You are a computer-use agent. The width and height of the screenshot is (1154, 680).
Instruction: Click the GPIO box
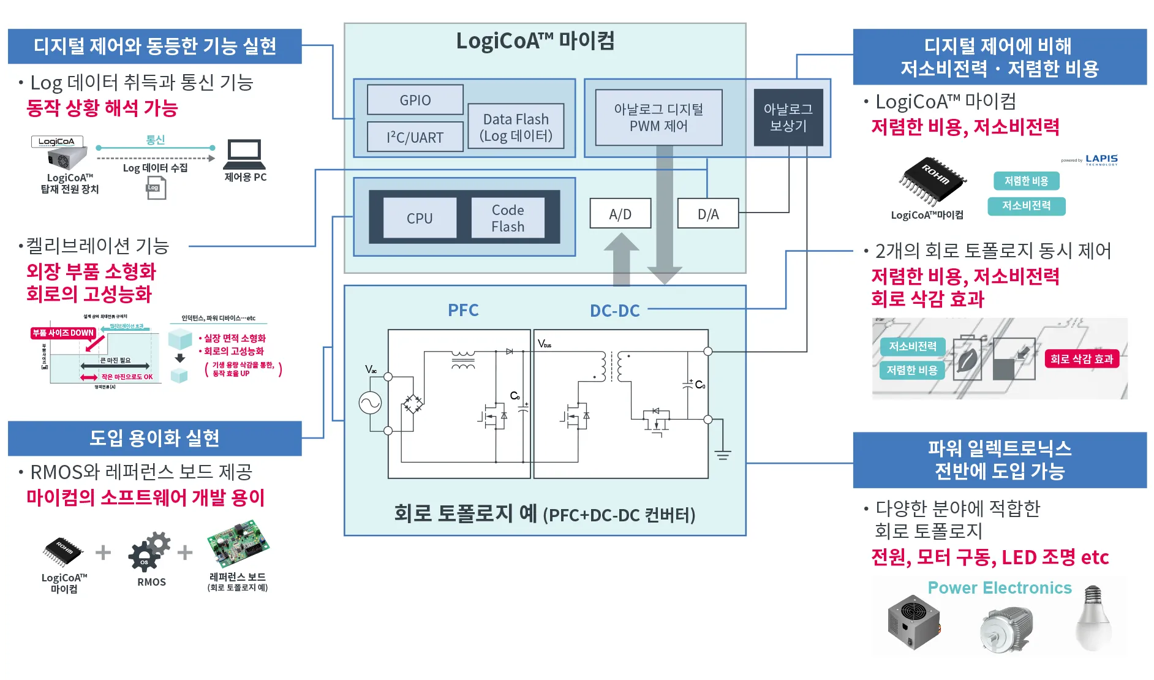tap(415, 100)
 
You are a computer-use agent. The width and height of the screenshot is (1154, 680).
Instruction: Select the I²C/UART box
tap(415, 137)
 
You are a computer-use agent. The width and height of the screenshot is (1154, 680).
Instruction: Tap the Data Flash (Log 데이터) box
tap(516, 127)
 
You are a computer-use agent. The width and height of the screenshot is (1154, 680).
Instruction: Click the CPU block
tap(420, 218)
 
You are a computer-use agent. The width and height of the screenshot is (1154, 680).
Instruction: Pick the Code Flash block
tap(508, 218)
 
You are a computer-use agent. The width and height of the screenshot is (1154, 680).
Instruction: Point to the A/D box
tap(620, 214)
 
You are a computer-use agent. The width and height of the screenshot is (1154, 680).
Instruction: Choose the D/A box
tap(708, 214)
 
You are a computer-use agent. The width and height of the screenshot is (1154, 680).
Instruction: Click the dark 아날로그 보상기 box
tap(788, 118)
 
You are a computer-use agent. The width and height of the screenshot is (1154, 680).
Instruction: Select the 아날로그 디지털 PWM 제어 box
tap(658, 118)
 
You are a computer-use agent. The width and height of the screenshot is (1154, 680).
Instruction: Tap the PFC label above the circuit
tap(463, 310)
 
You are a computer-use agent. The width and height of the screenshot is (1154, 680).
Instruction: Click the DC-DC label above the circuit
tap(614, 311)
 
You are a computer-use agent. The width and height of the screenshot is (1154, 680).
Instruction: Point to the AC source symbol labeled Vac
tap(371, 402)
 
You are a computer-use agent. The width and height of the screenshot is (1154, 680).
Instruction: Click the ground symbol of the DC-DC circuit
tap(723, 455)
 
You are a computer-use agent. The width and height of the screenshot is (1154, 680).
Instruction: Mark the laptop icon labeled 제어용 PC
tap(244, 154)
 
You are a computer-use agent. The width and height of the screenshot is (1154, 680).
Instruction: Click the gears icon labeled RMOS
tap(149, 552)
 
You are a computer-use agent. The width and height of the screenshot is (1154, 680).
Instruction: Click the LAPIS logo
tap(1101, 159)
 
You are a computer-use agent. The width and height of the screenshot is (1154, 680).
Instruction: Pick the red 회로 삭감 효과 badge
tap(1082, 359)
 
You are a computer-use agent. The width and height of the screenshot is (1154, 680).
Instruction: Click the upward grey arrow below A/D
tap(621, 260)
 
